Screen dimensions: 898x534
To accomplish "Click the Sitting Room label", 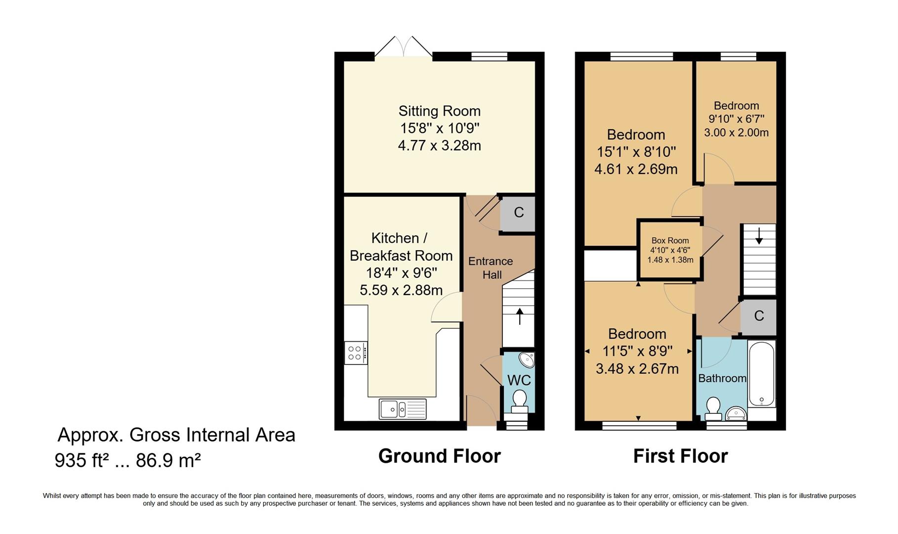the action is (x=440, y=111).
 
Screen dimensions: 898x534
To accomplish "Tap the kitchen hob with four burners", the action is (x=356, y=353).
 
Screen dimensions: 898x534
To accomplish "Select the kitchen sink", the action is (x=403, y=409).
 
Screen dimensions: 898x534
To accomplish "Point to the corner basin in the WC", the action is (x=527, y=359).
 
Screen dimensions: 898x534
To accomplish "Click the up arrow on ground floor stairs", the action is (x=519, y=316).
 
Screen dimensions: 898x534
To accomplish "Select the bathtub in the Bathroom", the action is (x=762, y=373).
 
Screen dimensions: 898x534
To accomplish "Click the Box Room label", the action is (x=670, y=241).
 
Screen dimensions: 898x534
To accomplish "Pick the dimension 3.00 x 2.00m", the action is (x=736, y=133).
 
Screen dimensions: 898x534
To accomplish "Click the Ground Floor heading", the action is (x=440, y=456).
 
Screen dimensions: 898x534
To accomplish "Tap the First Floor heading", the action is (x=680, y=456).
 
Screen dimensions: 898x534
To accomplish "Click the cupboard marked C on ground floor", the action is (x=518, y=213).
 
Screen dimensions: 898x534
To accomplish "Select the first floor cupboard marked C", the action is (x=759, y=316).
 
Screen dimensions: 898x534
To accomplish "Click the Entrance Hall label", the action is (x=491, y=268).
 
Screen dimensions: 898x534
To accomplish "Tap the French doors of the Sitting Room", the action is (x=404, y=47).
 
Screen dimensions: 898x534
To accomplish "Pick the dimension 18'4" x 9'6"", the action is (x=401, y=273).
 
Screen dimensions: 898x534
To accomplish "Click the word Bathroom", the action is (x=722, y=378).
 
